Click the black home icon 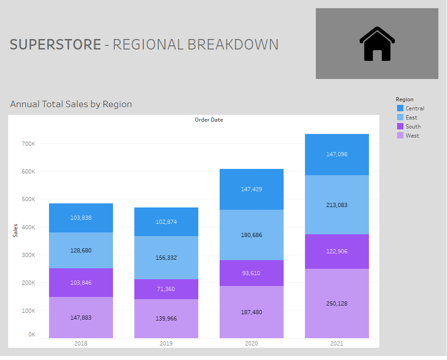[377, 44]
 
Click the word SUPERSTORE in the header [55, 44]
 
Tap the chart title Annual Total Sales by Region [71, 104]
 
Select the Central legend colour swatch [400, 108]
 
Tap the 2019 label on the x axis [166, 344]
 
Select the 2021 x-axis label [337, 344]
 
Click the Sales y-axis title [15, 230]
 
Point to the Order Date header [209, 120]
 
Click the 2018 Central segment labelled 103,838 [81, 218]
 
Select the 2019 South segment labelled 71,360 [166, 289]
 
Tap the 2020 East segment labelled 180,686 [251, 235]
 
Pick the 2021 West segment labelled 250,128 [337, 303]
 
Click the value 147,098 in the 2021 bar [337, 154]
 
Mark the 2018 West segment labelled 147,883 [81, 318]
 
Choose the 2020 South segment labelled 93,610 [251, 273]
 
